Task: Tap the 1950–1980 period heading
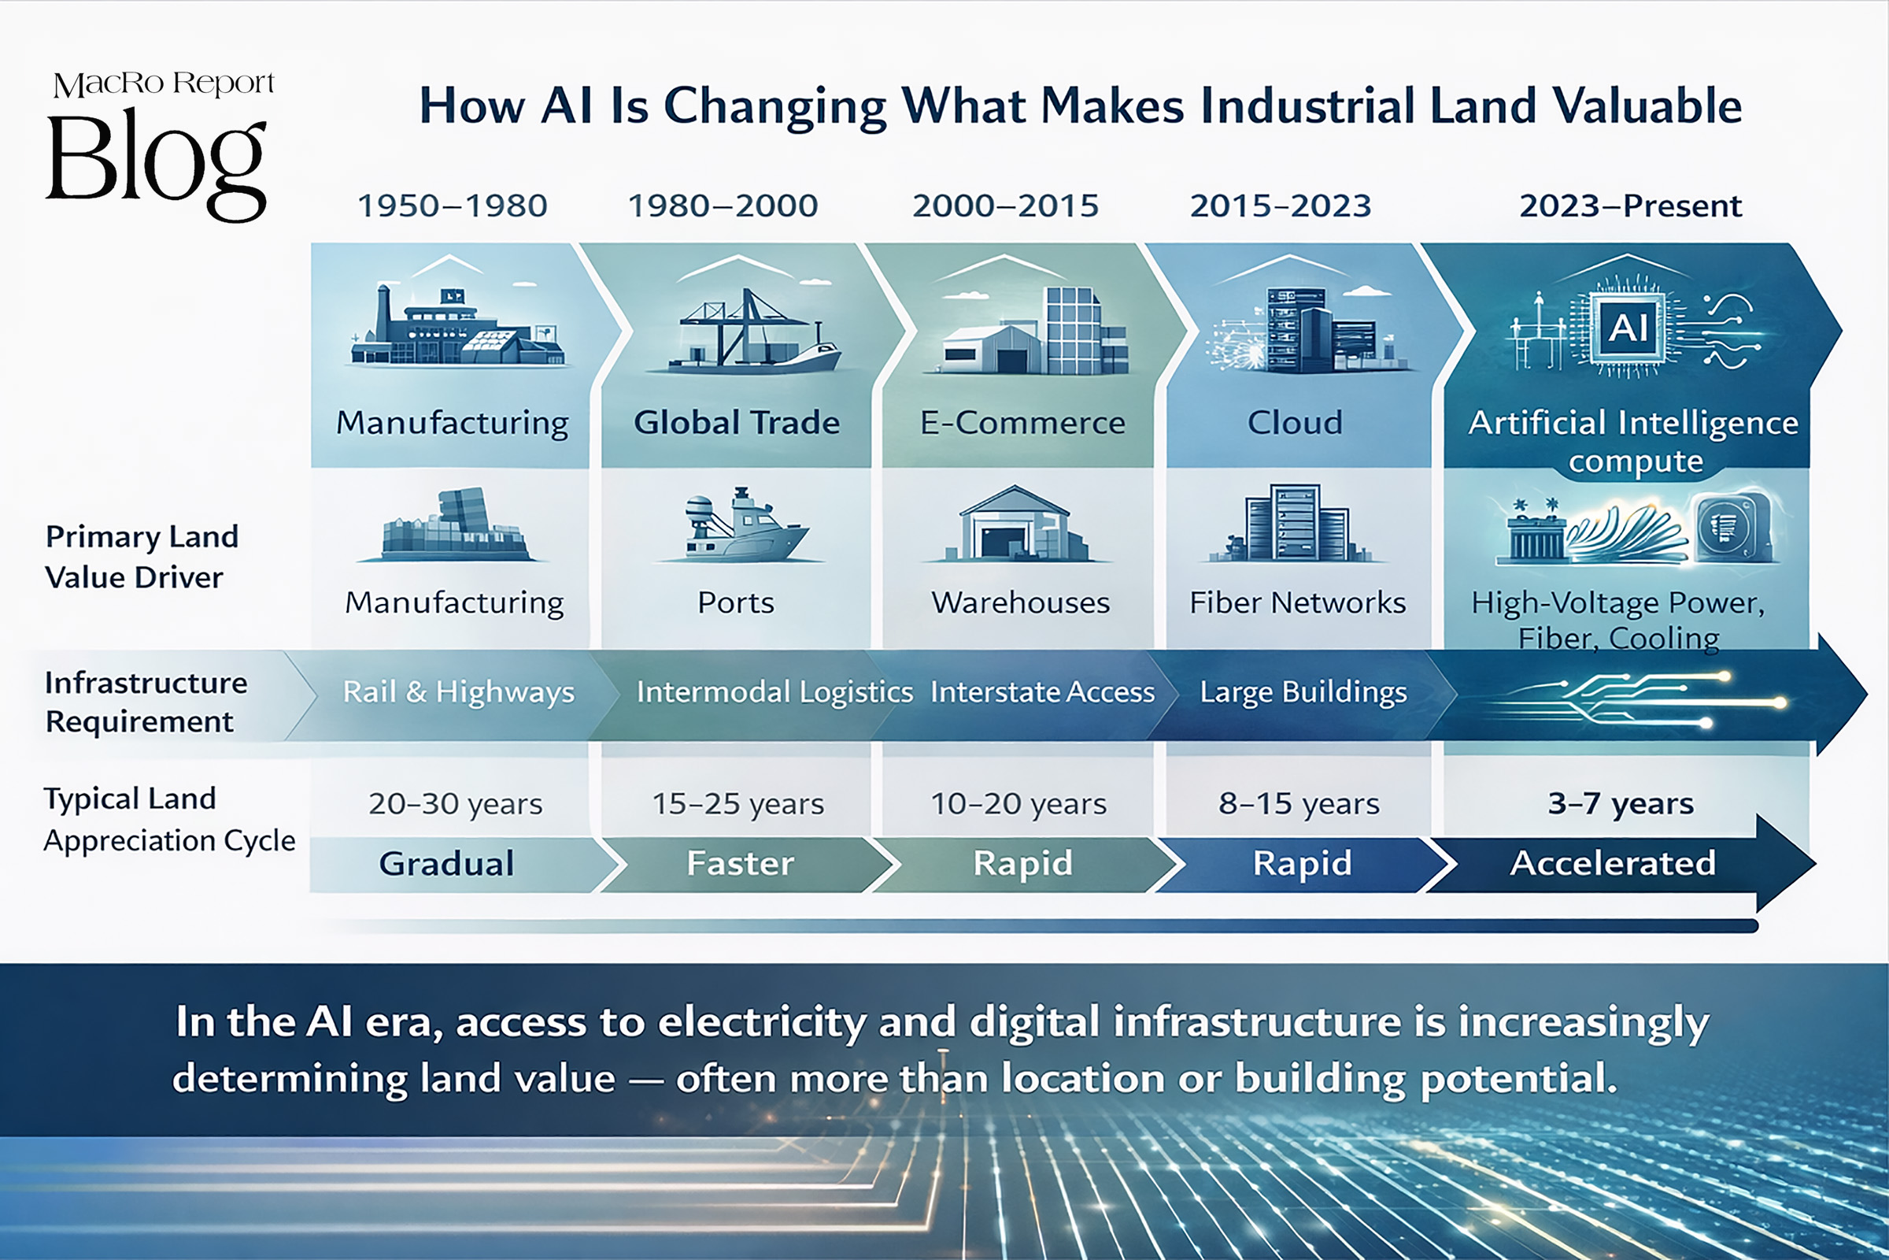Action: click(x=452, y=206)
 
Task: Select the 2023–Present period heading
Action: click(x=1630, y=206)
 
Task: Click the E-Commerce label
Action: click(x=1022, y=423)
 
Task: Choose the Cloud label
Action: click(x=1295, y=423)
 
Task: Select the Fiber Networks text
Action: click(x=1297, y=602)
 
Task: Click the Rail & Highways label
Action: click(x=459, y=693)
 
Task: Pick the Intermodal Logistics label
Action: click(x=774, y=693)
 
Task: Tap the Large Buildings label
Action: click(x=1303, y=693)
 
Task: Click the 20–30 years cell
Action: click(x=456, y=803)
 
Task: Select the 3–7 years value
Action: click(x=1621, y=803)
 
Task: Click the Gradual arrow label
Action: click(x=446, y=864)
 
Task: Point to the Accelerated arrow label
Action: click(x=1613, y=864)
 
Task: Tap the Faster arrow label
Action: click(x=741, y=864)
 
